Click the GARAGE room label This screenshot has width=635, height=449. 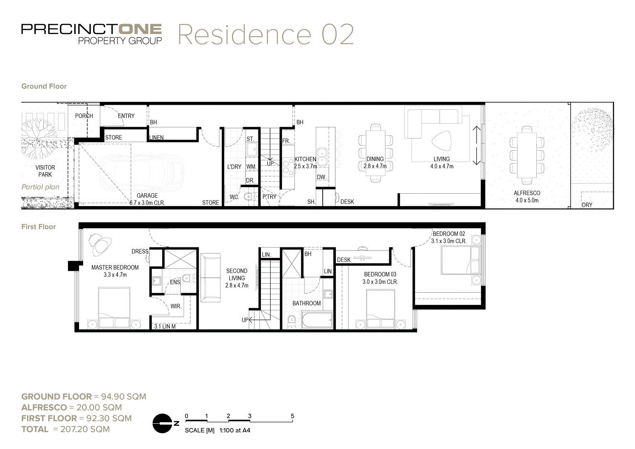point(147,195)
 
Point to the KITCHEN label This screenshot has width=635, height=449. point(305,159)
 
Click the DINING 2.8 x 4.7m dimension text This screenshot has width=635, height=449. point(375,166)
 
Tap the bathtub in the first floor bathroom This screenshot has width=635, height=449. point(317,321)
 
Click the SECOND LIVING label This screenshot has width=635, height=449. point(236,274)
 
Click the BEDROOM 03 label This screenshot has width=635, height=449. point(380,274)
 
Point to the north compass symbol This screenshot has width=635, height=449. point(163,424)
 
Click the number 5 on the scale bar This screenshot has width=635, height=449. point(293,416)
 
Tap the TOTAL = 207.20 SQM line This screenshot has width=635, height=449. point(66,429)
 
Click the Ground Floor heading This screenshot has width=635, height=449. point(44,86)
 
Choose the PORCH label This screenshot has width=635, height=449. point(84,116)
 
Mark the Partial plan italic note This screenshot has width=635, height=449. point(40,187)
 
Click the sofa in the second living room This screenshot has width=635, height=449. point(211,277)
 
